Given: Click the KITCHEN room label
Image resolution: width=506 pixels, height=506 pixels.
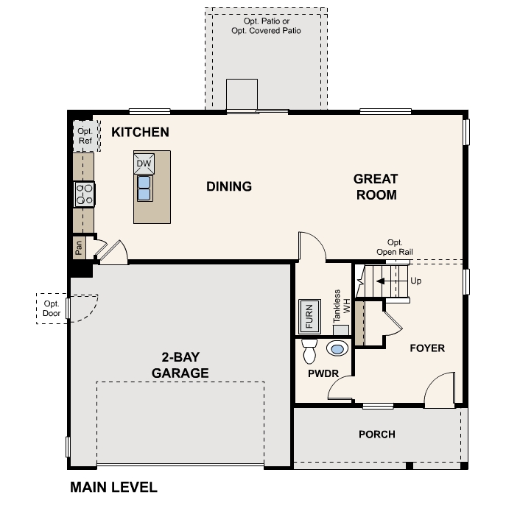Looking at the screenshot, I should click(140, 133).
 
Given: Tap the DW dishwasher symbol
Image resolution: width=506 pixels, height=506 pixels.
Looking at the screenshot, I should click(144, 163).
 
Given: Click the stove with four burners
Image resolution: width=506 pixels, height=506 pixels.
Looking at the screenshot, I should click(84, 194).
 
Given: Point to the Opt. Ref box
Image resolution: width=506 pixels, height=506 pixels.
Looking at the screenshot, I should click(84, 136).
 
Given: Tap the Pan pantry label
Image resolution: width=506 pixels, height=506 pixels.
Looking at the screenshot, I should click(80, 247).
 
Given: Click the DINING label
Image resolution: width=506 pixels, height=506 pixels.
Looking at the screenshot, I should click(229, 186).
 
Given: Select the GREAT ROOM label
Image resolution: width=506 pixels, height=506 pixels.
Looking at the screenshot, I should click(376, 187).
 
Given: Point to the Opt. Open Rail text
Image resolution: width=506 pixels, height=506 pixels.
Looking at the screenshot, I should click(395, 247).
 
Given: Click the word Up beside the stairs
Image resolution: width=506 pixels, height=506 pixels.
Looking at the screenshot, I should click(416, 281).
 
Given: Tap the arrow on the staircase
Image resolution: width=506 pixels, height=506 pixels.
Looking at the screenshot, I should click(384, 281).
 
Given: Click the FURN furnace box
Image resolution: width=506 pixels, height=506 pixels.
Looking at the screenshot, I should click(308, 317).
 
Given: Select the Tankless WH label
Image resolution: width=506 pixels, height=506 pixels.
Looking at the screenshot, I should click(339, 306).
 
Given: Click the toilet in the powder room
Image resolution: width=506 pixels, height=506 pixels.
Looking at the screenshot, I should click(309, 351).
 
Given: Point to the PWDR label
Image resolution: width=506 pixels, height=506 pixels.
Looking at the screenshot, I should click(323, 373).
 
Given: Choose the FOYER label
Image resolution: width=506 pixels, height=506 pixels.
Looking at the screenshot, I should click(427, 348).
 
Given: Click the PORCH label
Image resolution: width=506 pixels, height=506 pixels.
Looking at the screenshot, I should click(377, 435).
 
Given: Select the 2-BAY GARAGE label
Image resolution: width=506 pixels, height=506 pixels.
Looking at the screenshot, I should click(180, 365).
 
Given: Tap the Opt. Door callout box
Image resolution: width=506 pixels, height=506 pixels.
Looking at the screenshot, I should click(52, 308).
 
